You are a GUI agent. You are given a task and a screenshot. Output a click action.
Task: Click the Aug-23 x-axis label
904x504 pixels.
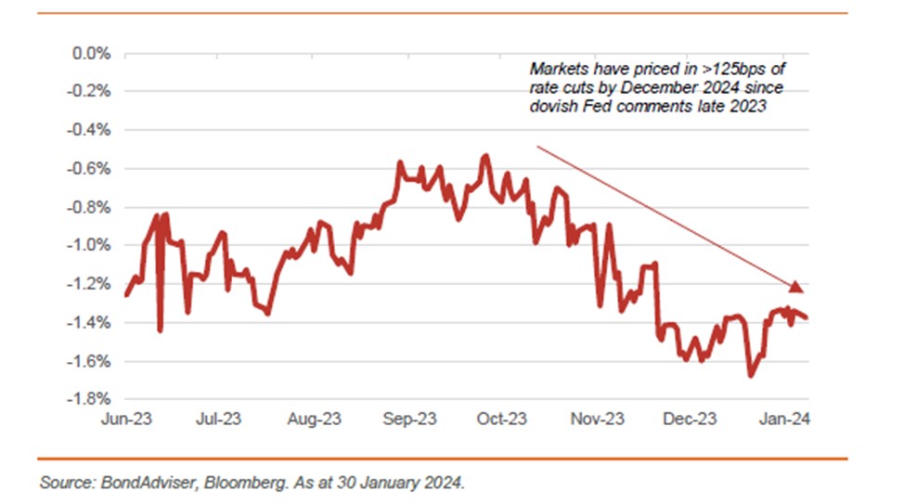pos(315,420)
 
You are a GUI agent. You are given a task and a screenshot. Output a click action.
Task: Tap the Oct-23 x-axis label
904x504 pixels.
pos(502,420)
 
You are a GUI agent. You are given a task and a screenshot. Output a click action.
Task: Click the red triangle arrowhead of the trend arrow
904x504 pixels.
pos(794,285)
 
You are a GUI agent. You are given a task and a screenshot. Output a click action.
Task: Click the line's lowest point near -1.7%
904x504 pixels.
pos(750,375)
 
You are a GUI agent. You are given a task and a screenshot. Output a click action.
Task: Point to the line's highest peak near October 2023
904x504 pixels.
pos(484,156)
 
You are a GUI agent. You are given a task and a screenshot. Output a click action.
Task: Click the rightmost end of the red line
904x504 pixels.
pos(806,317)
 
